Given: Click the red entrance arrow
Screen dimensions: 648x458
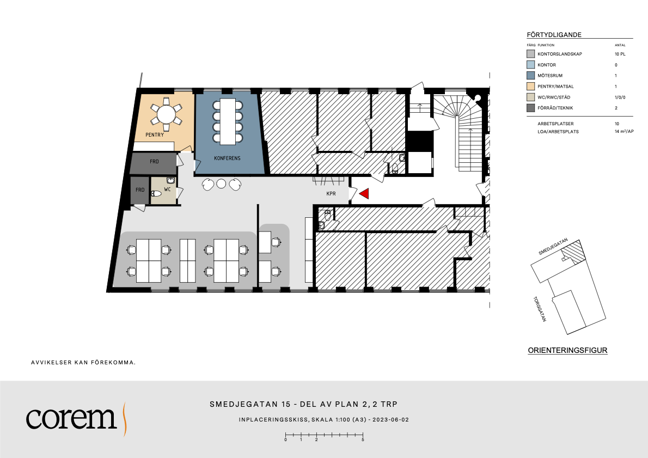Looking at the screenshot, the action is tap(364, 193).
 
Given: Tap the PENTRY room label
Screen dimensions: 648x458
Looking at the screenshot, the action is tap(155, 135).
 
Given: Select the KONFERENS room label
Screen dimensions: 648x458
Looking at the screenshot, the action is tap(227, 158).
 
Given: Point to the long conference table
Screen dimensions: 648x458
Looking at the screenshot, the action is tap(228, 121).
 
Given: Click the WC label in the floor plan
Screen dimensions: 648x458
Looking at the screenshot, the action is tap(167, 190).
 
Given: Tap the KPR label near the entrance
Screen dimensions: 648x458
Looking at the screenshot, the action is tap(331, 193).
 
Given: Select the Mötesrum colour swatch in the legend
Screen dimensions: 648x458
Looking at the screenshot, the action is tap(530, 76).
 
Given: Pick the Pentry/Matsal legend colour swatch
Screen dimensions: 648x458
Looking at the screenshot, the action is tap(530, 87).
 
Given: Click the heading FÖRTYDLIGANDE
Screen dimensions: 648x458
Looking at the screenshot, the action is tap(554, 35).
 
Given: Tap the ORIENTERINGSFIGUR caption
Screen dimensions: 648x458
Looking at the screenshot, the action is tap(568, 351).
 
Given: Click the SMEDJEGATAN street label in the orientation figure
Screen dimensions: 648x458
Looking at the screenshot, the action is tap(553, 246).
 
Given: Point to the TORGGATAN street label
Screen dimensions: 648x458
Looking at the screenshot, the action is tap(540, 309).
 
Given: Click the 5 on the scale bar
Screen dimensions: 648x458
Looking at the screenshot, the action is tap(363, 440).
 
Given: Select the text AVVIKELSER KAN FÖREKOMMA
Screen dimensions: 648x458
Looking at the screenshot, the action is tap(83, 363).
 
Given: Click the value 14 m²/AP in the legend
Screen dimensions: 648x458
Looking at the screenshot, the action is tap(624, 131).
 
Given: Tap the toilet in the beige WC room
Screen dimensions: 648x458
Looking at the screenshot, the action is tap(156, 193).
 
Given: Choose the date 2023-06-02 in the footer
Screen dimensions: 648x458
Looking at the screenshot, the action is tap(390, 419).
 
